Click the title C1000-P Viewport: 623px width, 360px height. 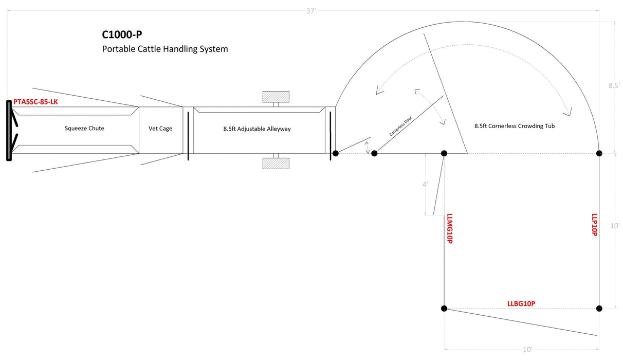coord(122,35)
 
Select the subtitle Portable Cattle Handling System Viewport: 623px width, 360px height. coord(164,49)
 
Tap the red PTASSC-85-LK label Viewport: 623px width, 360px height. coord(35,102)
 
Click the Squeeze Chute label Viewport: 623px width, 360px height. coord(84,128)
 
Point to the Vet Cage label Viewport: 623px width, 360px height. coord(160,128)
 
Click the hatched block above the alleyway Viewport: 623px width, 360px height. coord(276,97)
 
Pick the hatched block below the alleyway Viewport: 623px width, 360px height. coord(276,163)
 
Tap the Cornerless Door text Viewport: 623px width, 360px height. coord(400,125)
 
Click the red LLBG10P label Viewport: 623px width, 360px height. coord(521,303)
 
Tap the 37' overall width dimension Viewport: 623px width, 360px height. coord(310,11)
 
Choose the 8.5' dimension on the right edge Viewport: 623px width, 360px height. coord(614,86)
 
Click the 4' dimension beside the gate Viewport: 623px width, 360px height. coord(425,184)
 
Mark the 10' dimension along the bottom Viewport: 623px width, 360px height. coord(527,350)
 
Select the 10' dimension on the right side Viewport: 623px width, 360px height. coord(615,225)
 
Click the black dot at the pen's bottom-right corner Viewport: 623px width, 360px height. coord(599,309)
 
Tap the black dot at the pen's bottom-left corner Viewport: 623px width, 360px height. coord(444,309)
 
